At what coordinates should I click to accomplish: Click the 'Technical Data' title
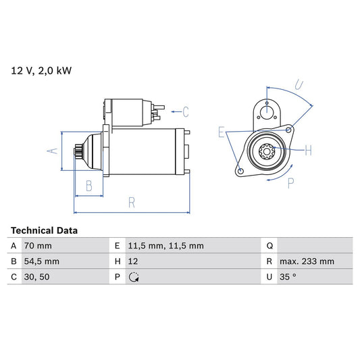pos(44,230)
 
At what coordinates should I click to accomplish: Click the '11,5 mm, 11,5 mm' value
pos(167,246)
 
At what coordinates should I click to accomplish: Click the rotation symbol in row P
pos(133,277)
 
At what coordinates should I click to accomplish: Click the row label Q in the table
pos(269,246)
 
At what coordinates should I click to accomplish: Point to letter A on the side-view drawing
pos(53,151)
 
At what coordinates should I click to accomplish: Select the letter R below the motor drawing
pos(132,202)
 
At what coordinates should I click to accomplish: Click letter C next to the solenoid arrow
pos(185,112)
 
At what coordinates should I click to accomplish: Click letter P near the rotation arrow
pos(291,182)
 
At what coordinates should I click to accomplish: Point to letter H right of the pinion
pos(307,150)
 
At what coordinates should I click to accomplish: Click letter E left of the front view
pos(221,132)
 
